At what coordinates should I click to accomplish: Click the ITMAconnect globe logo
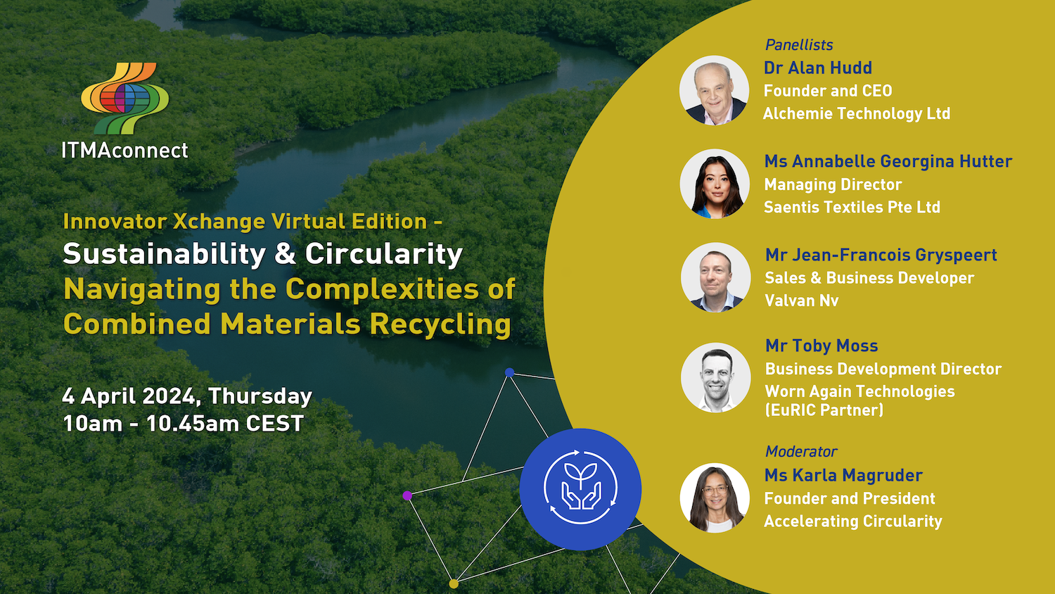[124, 99]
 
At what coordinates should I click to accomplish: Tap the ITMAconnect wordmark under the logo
[124, 151]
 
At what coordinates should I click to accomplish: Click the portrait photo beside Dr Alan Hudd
[714, 90]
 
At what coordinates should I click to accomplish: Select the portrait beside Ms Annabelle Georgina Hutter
[715, 184]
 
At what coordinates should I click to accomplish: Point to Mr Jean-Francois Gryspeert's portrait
[715, 277]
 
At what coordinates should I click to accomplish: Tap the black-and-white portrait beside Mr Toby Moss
[715, 378]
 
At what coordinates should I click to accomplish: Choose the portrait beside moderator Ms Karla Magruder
[715, 498]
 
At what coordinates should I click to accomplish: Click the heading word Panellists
[799, 45]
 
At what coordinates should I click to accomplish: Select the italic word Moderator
[801, 452]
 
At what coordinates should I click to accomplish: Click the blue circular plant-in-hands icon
[580, 489]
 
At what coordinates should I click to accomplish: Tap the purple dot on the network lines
[407, 495]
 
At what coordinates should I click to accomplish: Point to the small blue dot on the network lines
[509, 372]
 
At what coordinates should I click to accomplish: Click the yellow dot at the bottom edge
[454, 583]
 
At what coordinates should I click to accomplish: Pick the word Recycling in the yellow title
[440, 324]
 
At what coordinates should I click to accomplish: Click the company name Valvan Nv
[802, 301]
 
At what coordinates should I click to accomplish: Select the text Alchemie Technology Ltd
[857, 113]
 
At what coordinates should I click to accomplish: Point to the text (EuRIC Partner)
[824, 410]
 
